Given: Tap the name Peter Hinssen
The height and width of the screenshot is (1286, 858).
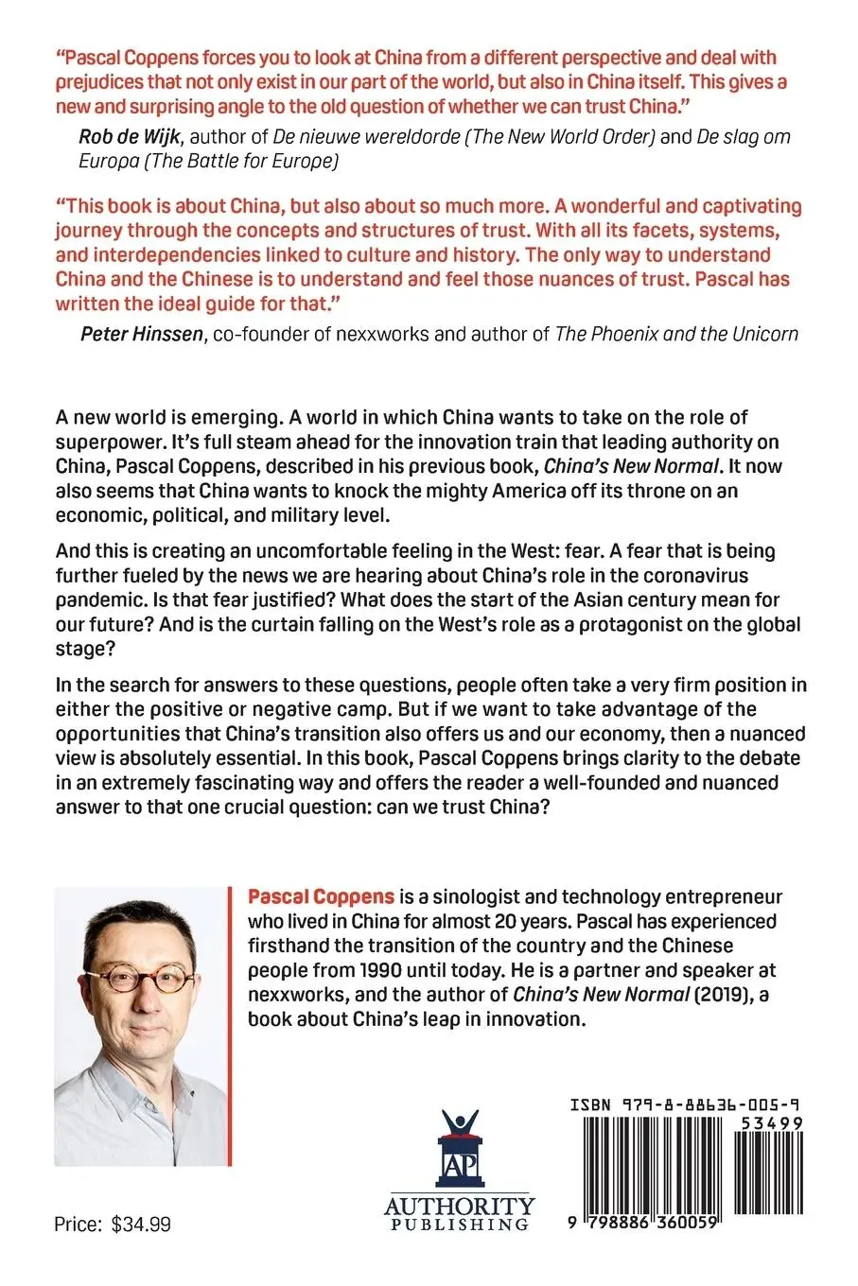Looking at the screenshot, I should [142, 333].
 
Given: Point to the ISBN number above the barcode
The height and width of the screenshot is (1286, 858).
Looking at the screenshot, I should [687, 1104].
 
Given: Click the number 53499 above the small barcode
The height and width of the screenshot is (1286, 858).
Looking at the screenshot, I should [771, 1122].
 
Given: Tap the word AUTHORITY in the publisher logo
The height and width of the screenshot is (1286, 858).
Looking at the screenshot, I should [459, 1207].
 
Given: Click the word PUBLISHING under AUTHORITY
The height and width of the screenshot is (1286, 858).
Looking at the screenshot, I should [459, 1225].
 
